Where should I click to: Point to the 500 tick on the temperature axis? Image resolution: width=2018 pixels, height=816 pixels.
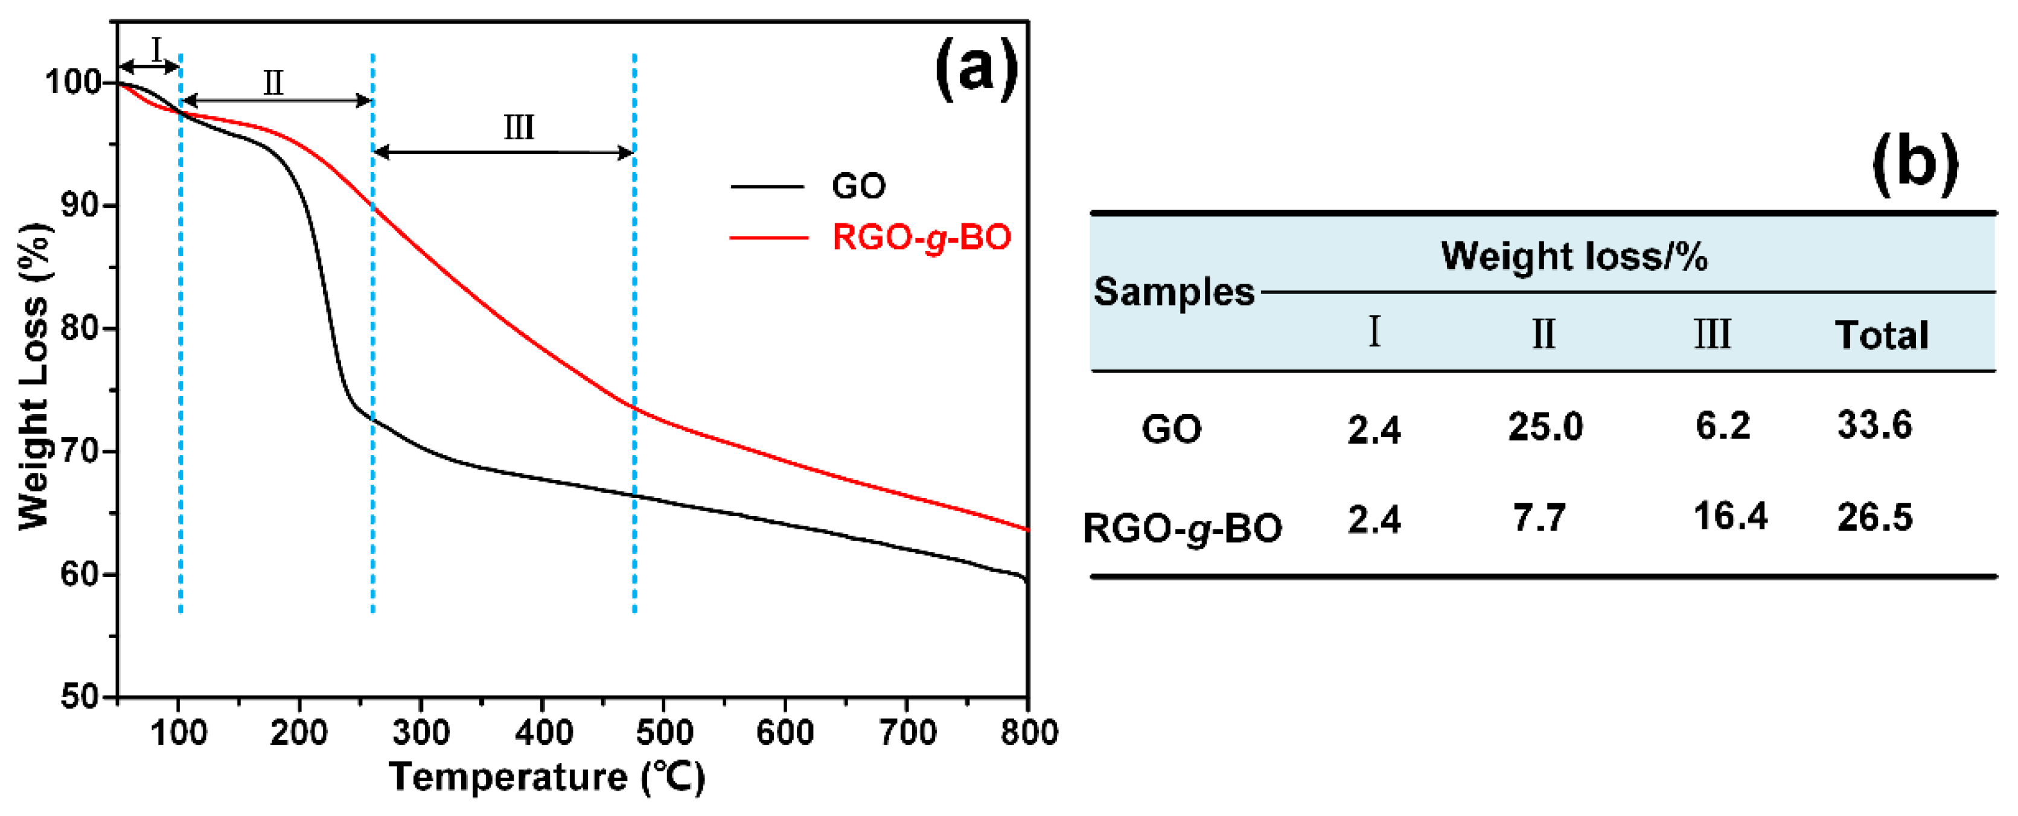pos(664,733)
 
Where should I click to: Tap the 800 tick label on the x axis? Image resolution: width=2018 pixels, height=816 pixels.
pos(1028,733)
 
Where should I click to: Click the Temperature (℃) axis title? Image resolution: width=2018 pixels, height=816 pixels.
pos(547,777)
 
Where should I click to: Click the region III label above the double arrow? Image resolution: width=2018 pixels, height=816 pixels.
pos(519,127)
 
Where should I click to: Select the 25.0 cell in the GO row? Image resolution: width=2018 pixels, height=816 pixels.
pos(1545,427)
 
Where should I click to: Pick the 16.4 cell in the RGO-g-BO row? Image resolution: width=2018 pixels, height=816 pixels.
pos(1729,517)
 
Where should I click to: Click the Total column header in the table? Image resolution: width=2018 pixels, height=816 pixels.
pos(1881,335)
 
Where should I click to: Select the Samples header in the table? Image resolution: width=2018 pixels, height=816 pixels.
pos(1173,292)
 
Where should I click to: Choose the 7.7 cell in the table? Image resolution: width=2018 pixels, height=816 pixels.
pos(1539,518)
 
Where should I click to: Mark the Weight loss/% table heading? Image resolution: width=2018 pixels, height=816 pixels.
pos(1574,256)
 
